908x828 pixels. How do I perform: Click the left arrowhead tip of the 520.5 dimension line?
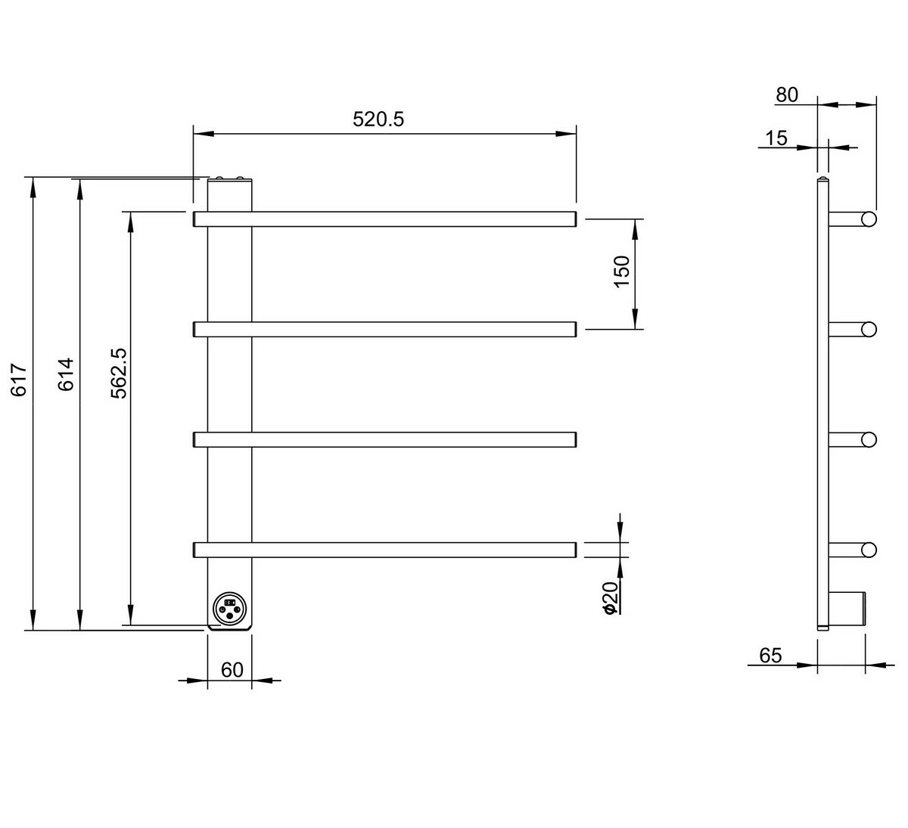(x=194, y=134)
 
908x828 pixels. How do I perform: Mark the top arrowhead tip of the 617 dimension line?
(x=33, y=178)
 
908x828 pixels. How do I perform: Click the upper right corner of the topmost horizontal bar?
(x=577, y=212)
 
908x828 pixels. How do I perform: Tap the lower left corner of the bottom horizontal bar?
(x=194, y=557)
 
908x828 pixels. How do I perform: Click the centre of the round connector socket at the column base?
(x=229, y=608)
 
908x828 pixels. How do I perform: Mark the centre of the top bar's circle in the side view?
(x=869, y=219)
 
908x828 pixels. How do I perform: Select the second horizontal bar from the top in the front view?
(x=384, y=330)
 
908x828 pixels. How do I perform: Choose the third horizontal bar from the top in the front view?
(x=384, y=440)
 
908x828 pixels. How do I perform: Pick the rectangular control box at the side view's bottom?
(x=847, y=609)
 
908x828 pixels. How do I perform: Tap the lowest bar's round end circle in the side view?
(x=869, y=550)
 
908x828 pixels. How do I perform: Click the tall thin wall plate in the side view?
(x=823, y=404)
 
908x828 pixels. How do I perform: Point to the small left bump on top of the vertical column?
(x=219, y=178)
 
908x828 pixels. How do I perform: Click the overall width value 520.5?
(x=378, y=119)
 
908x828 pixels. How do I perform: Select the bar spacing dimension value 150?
(x=622, y=271)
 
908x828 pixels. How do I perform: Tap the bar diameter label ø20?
(x=610, y=597)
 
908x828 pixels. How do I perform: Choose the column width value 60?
(x=232, y=670)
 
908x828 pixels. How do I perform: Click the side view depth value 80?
(x=787, y=95)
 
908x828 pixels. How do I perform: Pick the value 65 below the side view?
(x=770, y=656)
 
